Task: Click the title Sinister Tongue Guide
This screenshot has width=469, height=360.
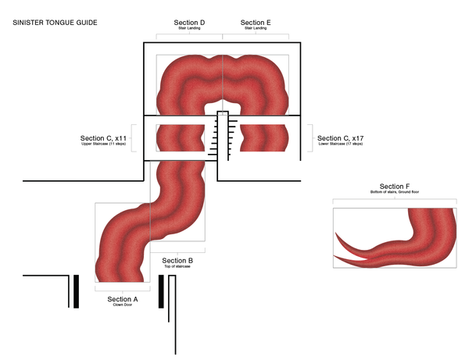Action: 55,23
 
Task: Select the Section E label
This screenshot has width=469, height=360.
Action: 256,23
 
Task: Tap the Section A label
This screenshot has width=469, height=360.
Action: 122,299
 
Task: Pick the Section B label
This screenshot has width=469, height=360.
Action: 177,260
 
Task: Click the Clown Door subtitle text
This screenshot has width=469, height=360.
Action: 122,305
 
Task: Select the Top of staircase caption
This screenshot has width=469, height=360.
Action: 177,267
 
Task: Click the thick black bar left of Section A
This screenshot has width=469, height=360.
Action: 76,290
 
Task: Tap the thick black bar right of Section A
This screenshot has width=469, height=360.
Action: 161,290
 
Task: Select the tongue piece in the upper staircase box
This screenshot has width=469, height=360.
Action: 184,137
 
